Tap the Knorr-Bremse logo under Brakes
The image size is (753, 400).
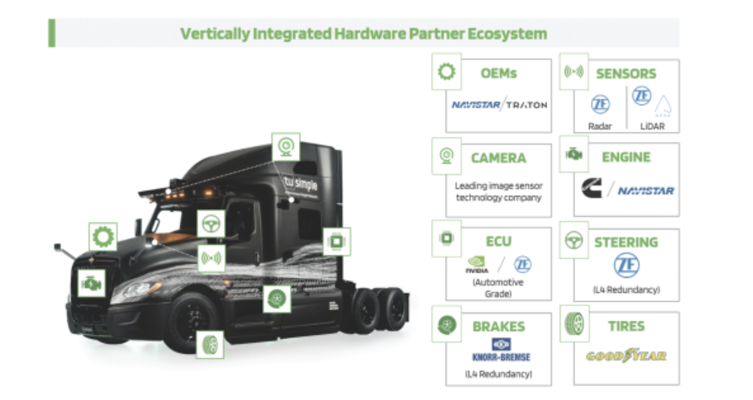pyautogui.click(x=498, y=350)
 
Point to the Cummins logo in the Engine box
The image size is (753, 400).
pyautogui.click(x=592, y=188)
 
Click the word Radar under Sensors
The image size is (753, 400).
pyautogui.click(x=600, y=126)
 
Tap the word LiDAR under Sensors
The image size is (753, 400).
pyautogui.click(x=652, y=126)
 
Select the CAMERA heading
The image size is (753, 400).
pyautogui.click(x=499, y=158)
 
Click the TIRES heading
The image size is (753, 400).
pyautogui.click(x=627, y=327)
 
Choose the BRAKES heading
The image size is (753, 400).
pyautogui.click(x=499, y=327)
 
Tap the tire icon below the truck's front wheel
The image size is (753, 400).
pyautogui.click(x=210, y=344)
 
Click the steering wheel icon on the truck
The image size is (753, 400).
pyautogui.click(x=211, y=223)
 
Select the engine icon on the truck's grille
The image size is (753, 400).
pyautogui.click(x=92, y=284)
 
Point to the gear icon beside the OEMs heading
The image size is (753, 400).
pyautogui.click(x=446, y=72)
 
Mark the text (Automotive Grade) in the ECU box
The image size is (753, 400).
pyautogui.click(x=498, y=287)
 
